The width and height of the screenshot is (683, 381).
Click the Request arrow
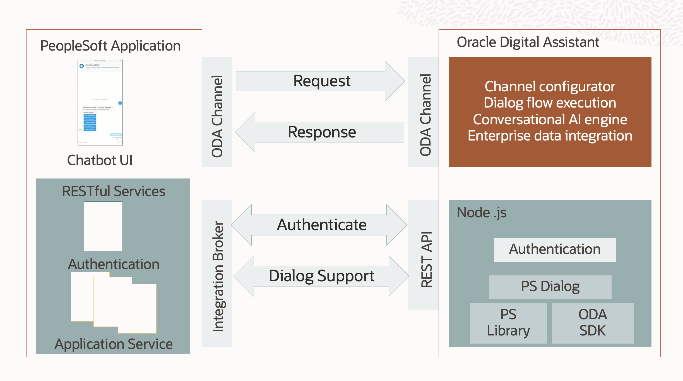[x=321, y=81]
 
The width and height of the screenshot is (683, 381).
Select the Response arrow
[x=321, y=132]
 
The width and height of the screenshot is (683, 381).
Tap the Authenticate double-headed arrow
[x=321, y=225]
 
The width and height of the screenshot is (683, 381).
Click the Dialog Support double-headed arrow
[x=321, y=276]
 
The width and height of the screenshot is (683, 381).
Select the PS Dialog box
[x=550, y=287]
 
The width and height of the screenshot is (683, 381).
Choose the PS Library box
[x=508, y=323]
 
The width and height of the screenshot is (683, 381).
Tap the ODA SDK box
[x=593, y=323]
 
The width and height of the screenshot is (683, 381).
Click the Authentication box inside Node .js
[x=555, y=249]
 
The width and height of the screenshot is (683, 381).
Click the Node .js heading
[x=482, y=213]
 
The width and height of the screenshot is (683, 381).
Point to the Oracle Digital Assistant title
[x=528, y=42]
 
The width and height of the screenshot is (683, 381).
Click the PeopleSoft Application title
[x=110, y=46]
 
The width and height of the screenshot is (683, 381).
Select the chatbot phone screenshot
[x=100, y=102]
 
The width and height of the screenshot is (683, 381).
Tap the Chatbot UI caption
[x=100, y=160]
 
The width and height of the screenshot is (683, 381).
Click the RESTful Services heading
[x=114, y=191]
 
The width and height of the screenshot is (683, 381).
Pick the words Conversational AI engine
[x=550, y=120]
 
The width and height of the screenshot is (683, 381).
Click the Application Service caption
[x=114, y=344]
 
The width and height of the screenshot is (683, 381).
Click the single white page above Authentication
[x=103, y=226]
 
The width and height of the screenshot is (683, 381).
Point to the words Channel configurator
[x=550, y=87]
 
